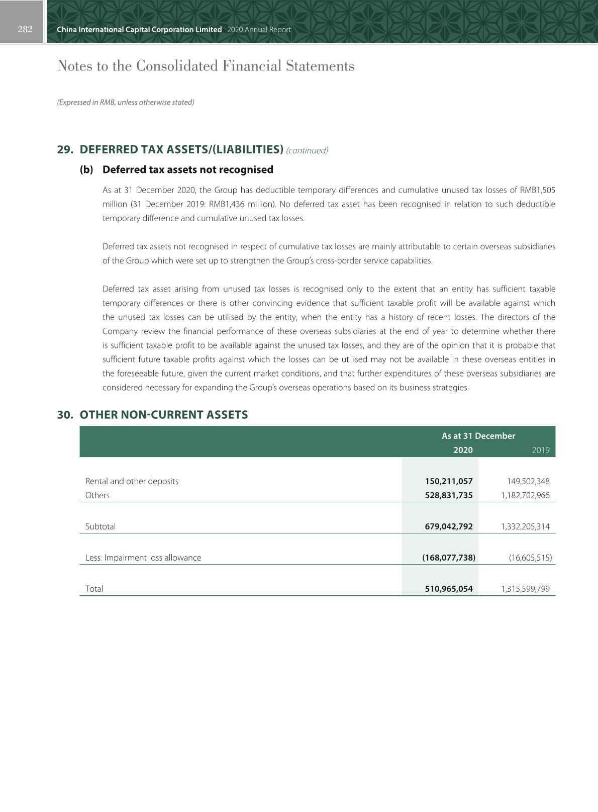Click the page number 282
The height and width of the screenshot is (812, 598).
point(25,29)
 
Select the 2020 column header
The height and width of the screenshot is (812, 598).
point(463,450)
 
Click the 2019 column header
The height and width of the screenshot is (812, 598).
point(540,450)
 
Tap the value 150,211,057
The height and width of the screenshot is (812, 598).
point(449,481)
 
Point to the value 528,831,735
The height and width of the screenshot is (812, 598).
point(449,495)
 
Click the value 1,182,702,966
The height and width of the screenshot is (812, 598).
point(525,495)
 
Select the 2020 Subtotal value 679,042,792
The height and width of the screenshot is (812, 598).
point(449,526)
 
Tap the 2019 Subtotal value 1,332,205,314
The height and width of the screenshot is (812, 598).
point(525,526)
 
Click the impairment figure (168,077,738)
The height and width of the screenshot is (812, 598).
point(449,558)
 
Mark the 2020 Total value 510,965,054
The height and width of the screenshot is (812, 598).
point(449,589)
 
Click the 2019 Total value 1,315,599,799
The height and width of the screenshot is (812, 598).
point(525,589)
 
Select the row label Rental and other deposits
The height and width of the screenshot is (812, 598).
point(132,481)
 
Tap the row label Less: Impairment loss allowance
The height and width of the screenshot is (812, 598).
point(143,558)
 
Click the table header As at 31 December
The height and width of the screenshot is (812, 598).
point(478,436)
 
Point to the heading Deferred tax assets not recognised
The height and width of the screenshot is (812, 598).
point(187,169)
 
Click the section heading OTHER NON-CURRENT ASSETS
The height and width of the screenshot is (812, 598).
point(164,415)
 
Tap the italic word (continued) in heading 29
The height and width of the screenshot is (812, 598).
point(307,150)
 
